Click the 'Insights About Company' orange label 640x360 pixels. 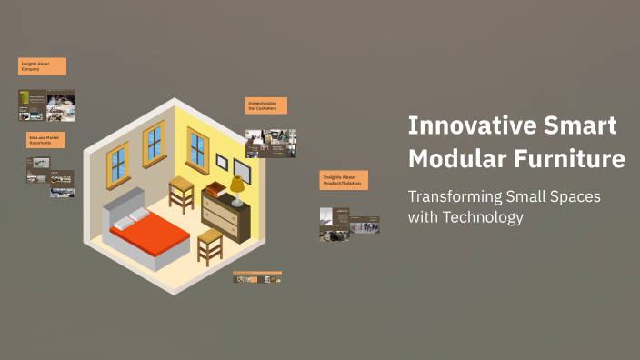(x=42, y=66)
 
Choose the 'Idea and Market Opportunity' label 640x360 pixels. (x=46, y=140)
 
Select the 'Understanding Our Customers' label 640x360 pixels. (x=266, y=105)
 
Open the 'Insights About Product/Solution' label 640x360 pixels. (x=344, y=180)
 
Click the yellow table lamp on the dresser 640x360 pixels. (x=236, y=188)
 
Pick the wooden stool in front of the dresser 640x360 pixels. (x=210, y=245)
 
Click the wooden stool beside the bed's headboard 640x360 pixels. (x=182, y=193)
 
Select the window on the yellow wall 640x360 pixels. (x=197, y=148)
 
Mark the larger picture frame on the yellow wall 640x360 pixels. (x=242, y=169)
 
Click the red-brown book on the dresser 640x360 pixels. (x=215, y=189)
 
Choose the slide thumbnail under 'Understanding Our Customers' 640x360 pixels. (x=270, y=143)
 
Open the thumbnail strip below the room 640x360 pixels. (x=257, y=277)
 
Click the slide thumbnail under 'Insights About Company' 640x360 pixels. (x=46, y=105)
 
